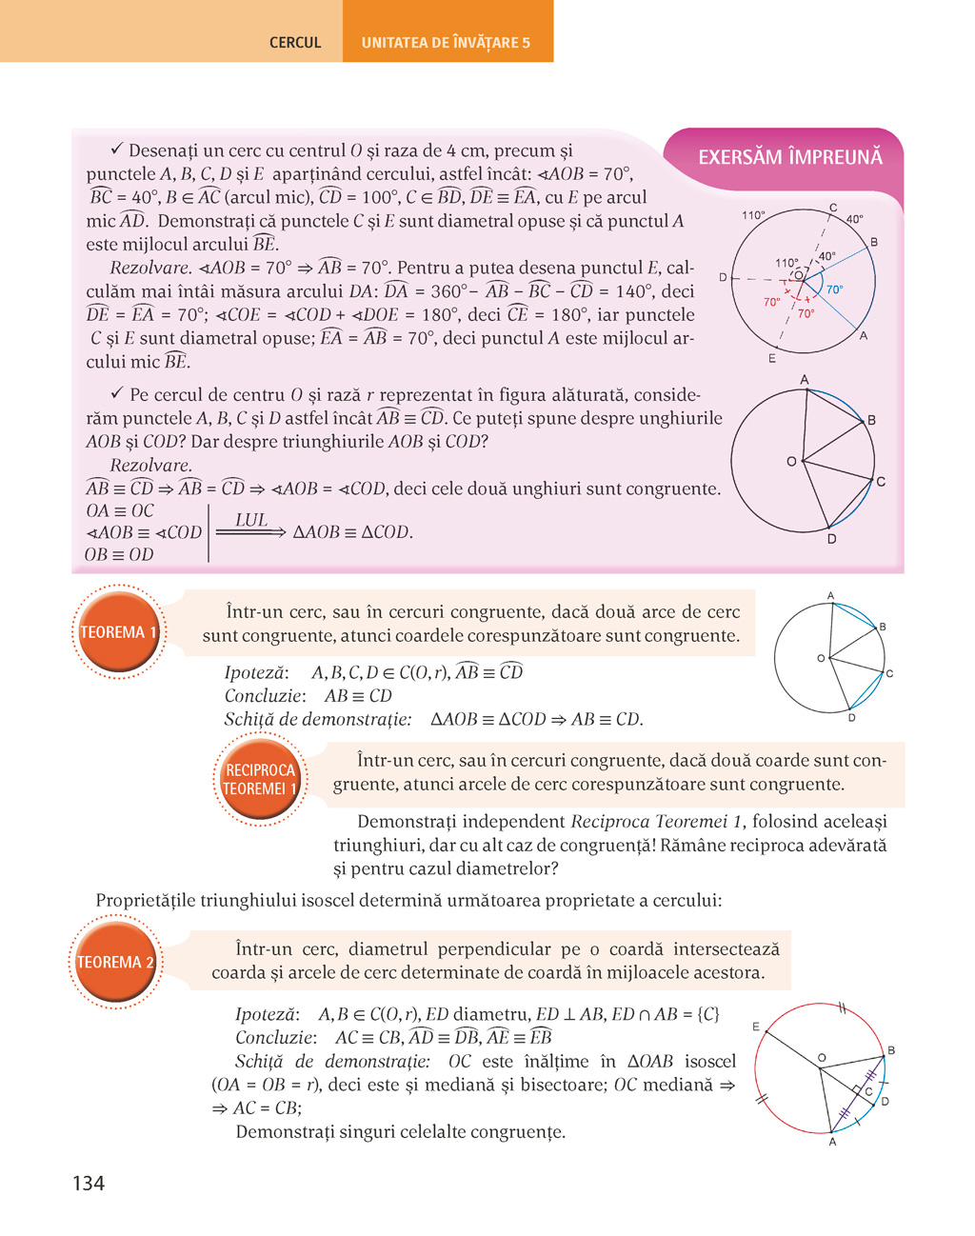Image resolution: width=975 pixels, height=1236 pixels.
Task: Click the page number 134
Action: (x=89, y=1184)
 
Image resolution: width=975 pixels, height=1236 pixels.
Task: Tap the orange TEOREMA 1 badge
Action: (x=118, y=632)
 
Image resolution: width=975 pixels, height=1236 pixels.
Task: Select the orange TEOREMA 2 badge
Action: (x=115, y=963)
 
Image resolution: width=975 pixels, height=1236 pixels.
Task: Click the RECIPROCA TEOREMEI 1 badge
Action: (x=260, y=779)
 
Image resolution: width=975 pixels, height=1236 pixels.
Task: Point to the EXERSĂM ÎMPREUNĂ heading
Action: (x=790, y=157)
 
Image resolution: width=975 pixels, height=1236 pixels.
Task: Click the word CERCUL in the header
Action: (x=295, y=43)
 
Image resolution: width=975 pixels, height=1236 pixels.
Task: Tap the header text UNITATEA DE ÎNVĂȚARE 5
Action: (x=446, y=43)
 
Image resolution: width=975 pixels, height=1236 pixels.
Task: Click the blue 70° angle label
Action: (x=834, y=289)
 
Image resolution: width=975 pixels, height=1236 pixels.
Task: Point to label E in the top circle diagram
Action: (x=771, y=359)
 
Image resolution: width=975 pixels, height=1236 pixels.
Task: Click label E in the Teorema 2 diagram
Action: (x=756, y=1027)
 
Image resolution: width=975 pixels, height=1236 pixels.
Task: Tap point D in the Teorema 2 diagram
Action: (x=885, y=1102)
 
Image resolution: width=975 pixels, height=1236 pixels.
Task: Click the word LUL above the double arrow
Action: (x=251, y=520)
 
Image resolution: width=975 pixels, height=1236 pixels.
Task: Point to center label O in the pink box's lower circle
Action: (x=791, y=462)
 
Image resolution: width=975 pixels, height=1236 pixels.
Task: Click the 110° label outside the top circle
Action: (x=753, y=215)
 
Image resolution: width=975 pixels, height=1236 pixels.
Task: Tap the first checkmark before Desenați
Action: (x=118, y=150)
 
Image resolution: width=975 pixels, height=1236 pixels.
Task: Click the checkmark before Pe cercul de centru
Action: (x=118, y=393)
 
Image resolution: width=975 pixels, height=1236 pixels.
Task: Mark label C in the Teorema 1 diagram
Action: (x=889, y=673)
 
